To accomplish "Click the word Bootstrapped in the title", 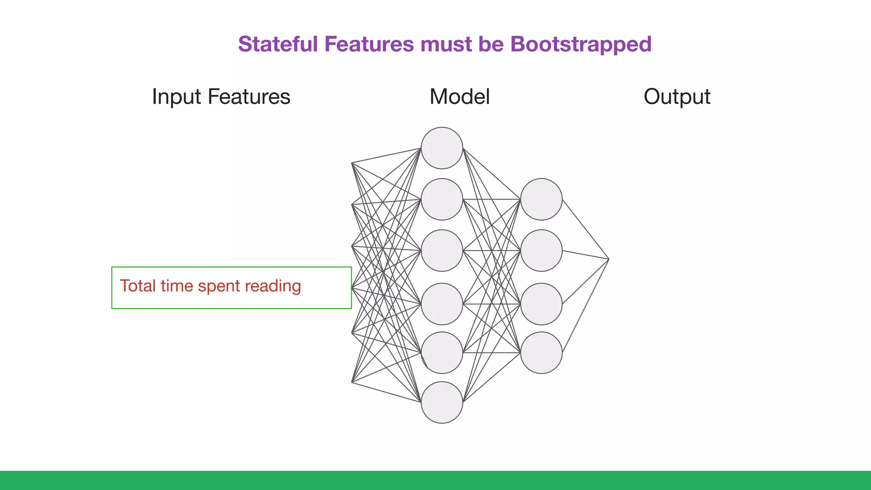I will pos(581,44).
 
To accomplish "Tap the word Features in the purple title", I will pos(369,44).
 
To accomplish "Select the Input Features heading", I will pos(221,97).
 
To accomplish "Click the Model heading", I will pos(459,97).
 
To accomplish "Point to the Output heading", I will pos(677,97).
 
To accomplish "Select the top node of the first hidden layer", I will pos(442,148).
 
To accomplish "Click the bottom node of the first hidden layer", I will pos(442,402).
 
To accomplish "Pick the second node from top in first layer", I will pos(442,199).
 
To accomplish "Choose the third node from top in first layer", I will pos(442,251).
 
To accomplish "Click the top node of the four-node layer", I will pos(541,199).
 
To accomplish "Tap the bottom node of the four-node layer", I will pos(541,353).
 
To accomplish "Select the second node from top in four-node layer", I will pos(541,251).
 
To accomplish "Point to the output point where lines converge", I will pos(608,259).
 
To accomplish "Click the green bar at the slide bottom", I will pos(435,480).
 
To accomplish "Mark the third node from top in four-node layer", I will pos(541,304).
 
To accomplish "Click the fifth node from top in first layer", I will pos(442,353).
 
